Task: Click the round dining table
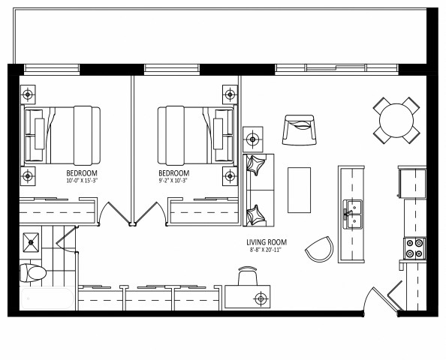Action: pyautogui.click(x=396, y=120)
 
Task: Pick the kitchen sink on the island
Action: pyautogui.click(x=351, y=214)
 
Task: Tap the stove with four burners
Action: pyautogui.click(x=414, y=248)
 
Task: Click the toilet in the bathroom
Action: pyautogui.click(x=32, y=272)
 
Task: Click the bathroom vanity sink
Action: pyautogui.click(x=32, y=241)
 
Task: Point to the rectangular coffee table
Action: pyautogui.click(x=299, y=190)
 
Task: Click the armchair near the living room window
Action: pyautogui.click(x=300, y=130)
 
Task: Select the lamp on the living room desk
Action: pyautogui.click(x=261, y=298)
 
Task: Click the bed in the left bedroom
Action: pyautogui.click(x=62, y=135)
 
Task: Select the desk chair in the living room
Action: pyautogui.click(x=248, y=277)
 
